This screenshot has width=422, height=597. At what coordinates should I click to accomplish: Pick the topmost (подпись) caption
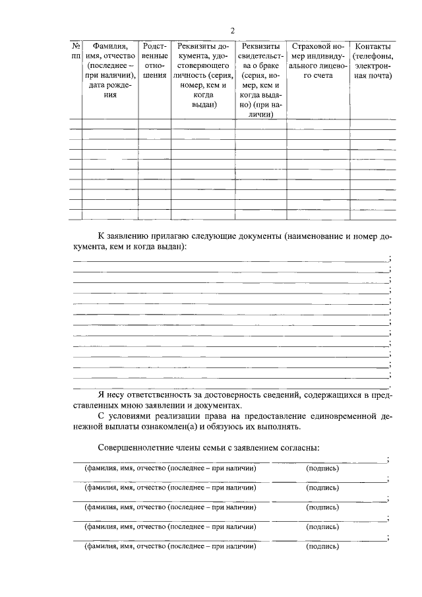click(x=322, y=468)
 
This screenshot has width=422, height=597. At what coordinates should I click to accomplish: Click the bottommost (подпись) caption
click(x=322, y=547)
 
